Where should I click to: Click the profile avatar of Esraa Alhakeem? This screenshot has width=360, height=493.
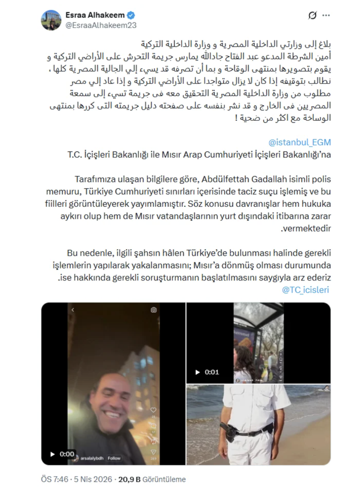(51, 20)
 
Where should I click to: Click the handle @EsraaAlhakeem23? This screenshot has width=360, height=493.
(101, 25)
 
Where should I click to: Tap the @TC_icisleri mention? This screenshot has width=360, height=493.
(305, 290)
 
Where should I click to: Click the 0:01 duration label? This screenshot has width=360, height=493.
(212, 372)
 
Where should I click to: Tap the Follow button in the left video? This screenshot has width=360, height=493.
(114, 458)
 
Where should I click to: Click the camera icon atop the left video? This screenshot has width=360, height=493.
(154, 310)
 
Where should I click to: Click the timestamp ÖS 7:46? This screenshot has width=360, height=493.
(53, 480)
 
